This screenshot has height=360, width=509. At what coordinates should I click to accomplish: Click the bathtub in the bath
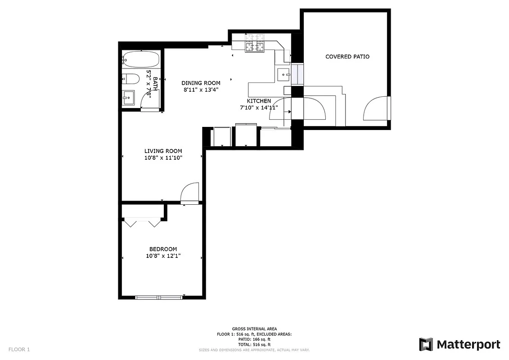[140, 59]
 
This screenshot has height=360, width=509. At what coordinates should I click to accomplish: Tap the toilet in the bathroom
[131, 79]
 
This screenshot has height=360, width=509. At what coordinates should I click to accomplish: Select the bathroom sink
[128, 97]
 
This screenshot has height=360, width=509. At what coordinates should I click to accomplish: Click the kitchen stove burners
[254, 45]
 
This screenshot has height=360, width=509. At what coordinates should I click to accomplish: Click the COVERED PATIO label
[347, 57]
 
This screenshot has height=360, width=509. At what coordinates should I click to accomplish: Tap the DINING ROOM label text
[201, 83]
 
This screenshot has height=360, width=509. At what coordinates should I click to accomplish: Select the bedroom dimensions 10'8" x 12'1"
[163, 256]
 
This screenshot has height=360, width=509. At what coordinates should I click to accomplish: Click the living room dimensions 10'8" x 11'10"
[163, 158]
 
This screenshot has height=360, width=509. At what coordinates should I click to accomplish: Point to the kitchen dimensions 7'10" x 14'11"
[258, 108]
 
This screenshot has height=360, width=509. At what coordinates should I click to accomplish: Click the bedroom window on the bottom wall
[159, 297]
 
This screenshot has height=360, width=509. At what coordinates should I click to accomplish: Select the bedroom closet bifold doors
[142, 222]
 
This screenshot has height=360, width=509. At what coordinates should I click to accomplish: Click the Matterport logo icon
[426, 345]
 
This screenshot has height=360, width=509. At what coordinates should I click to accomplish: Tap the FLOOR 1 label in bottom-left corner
[19, 349]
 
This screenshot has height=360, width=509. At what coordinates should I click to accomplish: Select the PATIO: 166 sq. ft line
[254, 339]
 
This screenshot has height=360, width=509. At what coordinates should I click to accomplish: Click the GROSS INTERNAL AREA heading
[254, 329]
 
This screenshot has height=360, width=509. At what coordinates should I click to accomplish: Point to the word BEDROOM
[163, 249]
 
